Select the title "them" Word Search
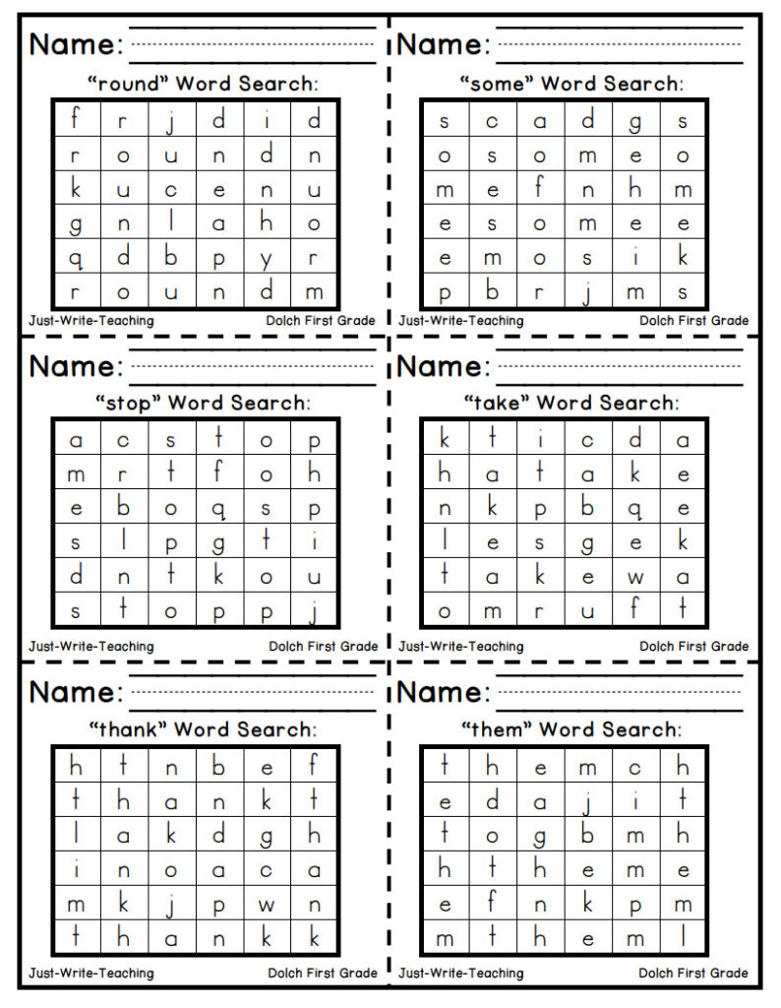571,729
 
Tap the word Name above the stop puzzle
77,366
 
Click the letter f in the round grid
75,119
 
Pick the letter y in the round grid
267,259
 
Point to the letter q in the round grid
75,259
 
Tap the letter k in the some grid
683,258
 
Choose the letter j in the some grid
587,292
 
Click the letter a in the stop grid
75,440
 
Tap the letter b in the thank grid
218,765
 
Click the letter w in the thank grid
267,904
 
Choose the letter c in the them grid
635,765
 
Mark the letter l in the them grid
683,938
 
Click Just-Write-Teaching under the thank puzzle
91,974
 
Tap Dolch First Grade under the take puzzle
693,647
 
